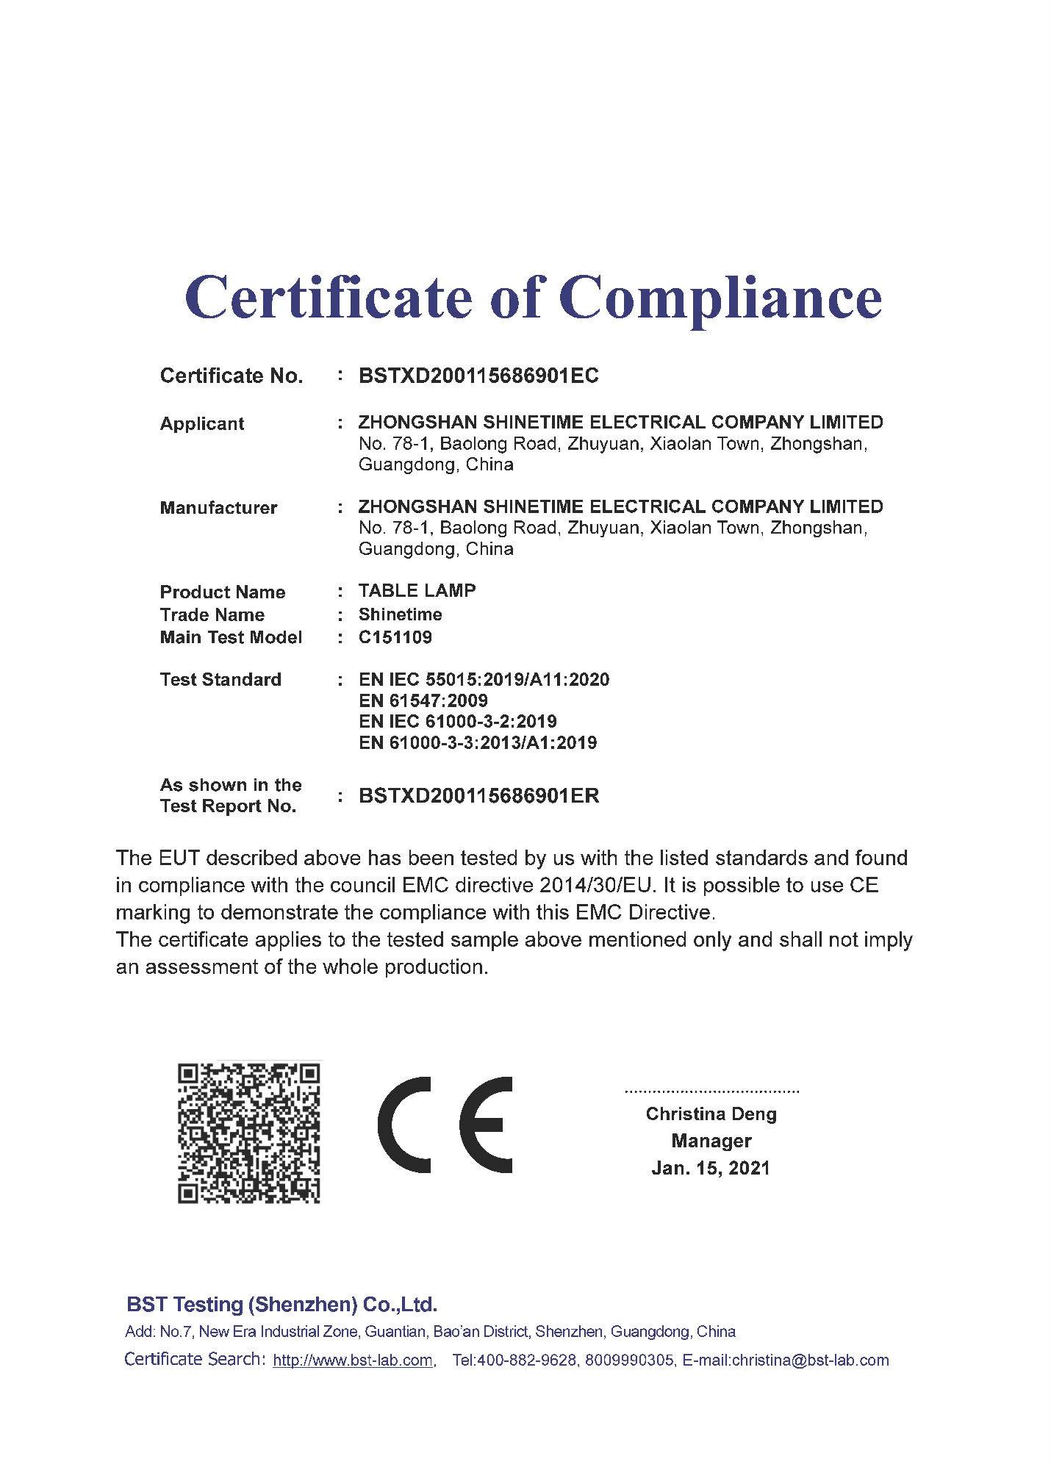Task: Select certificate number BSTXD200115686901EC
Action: pos(478,376)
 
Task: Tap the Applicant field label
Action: pos(202,423)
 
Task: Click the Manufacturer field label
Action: pos(218,508)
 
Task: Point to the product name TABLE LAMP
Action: pos(417,590)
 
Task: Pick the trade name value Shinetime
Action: pos(400,614)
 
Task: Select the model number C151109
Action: pos(395,637)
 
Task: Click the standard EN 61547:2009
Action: pos(423,700)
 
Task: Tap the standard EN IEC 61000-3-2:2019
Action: pos(457,721)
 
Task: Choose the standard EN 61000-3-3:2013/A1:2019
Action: pos(478,742)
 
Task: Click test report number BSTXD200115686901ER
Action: pos(478,796)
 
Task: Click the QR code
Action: pos(248,1133)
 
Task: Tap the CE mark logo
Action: pos(445,1125)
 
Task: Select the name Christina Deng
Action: pos(711,1114)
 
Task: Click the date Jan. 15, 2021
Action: pos(711,1168)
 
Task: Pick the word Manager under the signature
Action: pos(711,1141)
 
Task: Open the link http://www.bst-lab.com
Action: pos(353,1360)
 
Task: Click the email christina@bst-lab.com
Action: pos(810,1360)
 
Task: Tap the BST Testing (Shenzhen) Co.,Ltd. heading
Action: pos(282,1305)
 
